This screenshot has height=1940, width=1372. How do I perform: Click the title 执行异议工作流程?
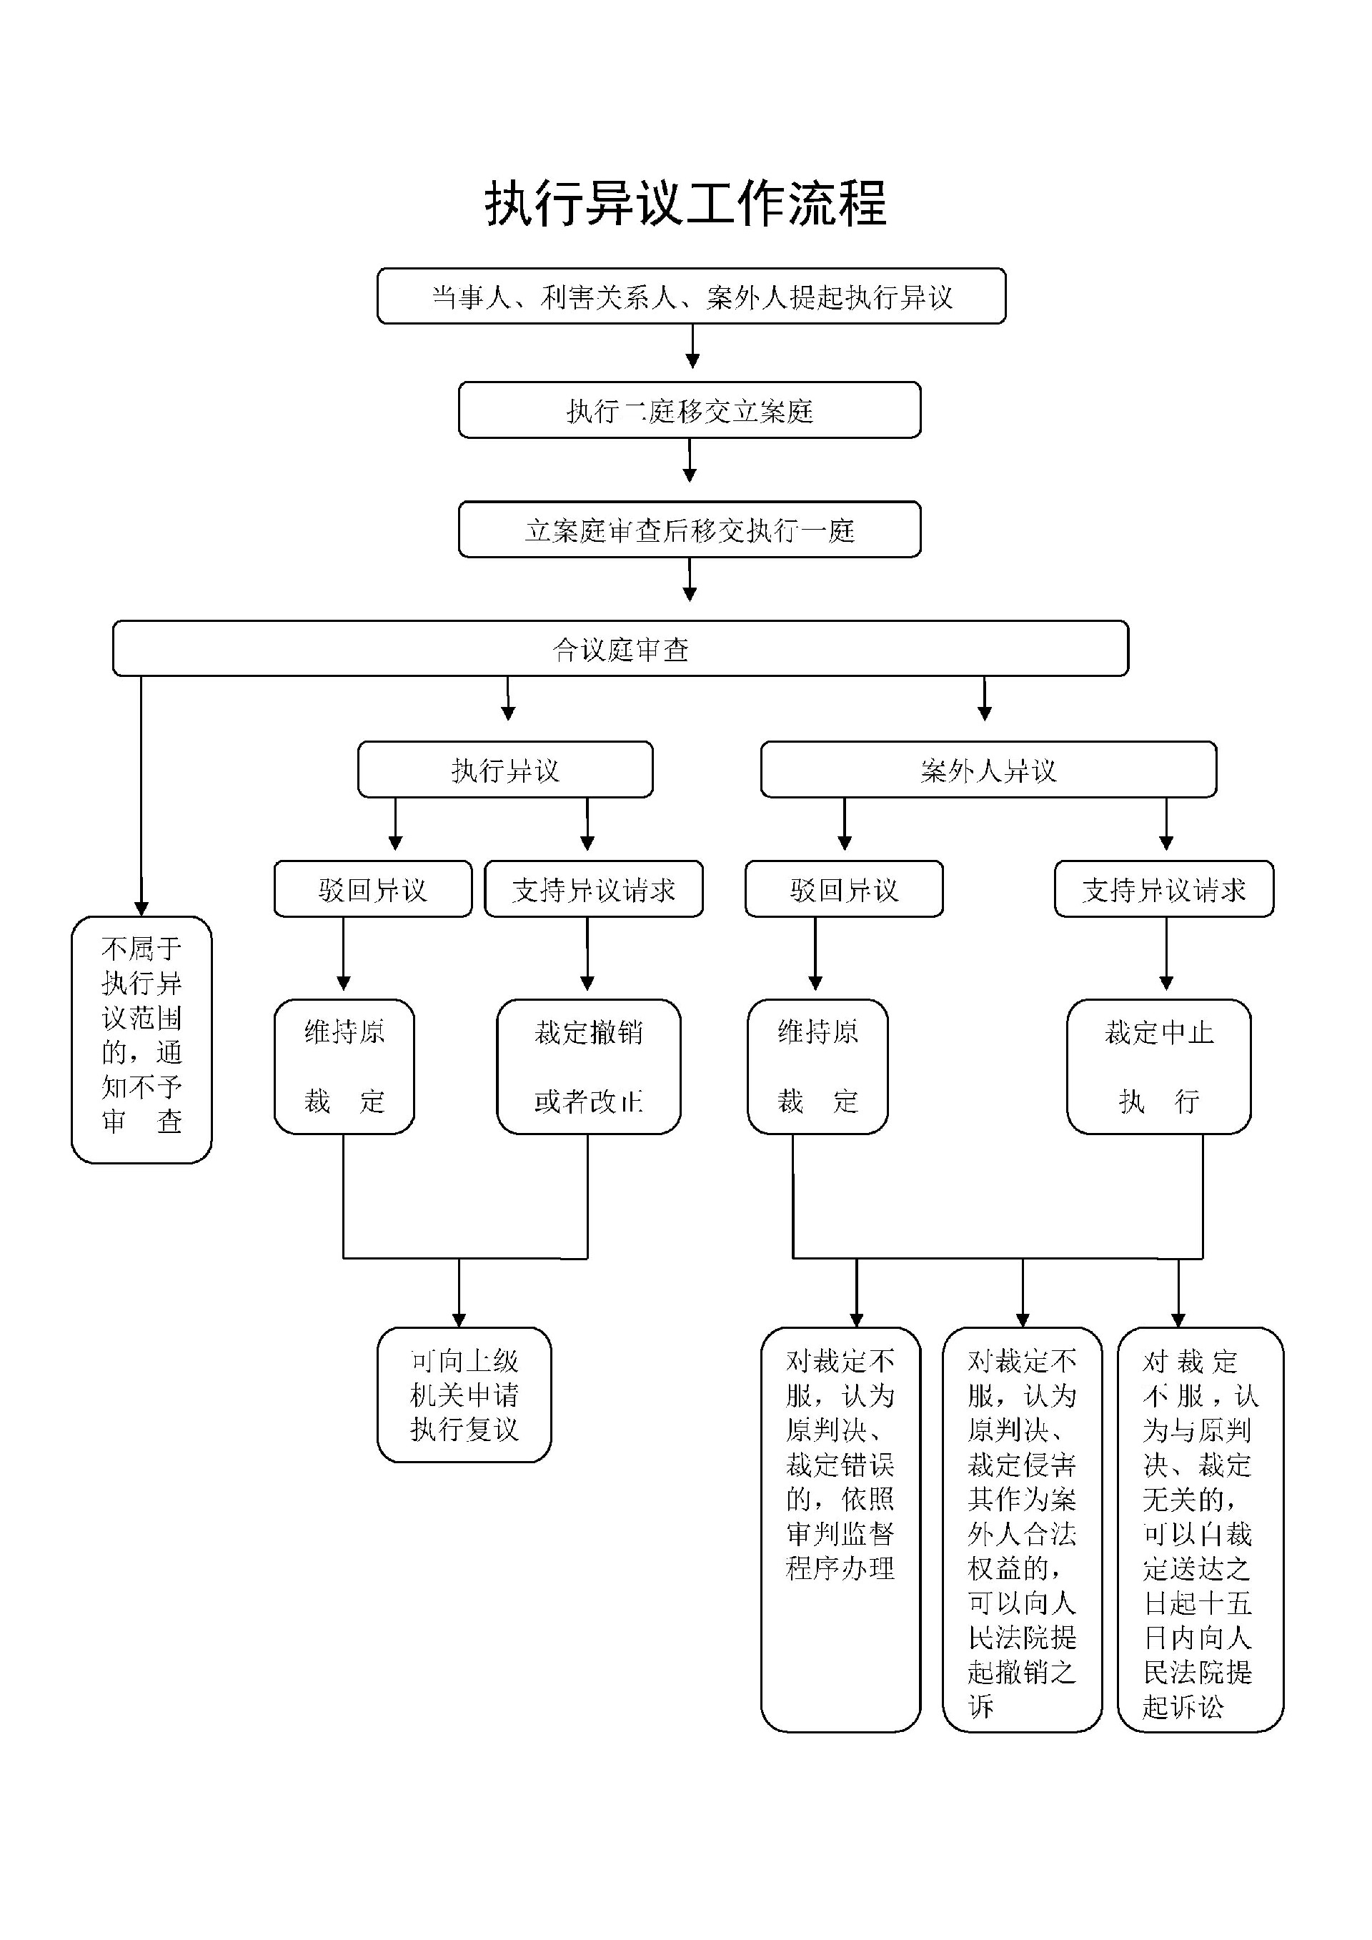tap(685, 204)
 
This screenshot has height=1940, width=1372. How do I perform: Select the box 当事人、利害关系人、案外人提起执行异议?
tap(691, 297)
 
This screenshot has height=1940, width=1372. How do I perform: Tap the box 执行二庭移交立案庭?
tap(690, 410)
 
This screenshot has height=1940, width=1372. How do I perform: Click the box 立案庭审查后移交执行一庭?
tap(690, 530)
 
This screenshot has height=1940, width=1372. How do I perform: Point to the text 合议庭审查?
tap(620, 649)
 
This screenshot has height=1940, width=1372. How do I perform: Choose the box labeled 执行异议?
tap(505, 770)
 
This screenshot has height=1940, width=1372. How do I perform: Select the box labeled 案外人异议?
tap(988, 770)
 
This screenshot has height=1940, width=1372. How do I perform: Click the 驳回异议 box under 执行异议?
tap(372, 889)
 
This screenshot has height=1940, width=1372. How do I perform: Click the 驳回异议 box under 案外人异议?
tap(843, 889)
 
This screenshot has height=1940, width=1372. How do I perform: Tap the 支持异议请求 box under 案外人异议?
tap(1163, 889)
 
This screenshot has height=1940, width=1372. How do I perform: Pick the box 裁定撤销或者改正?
tap(588, 1066)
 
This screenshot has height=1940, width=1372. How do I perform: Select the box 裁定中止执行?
tap(1158, 1066)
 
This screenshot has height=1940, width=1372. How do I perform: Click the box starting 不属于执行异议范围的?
tap(141, 1039)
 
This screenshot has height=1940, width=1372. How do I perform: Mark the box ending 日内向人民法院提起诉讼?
tap(1200, 1530)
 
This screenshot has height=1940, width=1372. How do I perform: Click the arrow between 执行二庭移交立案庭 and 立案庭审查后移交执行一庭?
tap(690, 460)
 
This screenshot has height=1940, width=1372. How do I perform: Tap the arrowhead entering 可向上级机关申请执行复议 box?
tap(459, 1320)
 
